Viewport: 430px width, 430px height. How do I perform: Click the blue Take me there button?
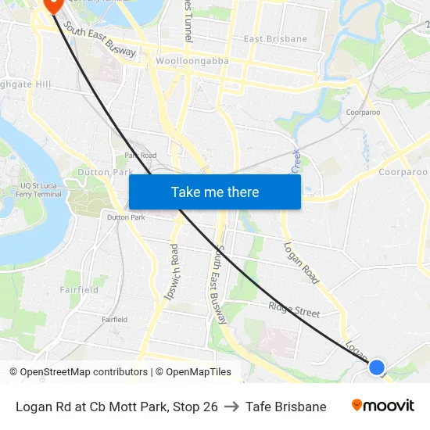(215, 192)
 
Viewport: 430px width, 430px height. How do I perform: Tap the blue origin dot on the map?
(377, 367)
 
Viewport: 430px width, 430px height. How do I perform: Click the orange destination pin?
(52, 4)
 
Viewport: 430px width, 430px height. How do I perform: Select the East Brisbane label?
(275, 39)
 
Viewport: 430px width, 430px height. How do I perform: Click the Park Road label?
(140, 156)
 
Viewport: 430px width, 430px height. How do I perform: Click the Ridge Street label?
(294, 310)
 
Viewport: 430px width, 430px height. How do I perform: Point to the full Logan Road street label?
(302, 263)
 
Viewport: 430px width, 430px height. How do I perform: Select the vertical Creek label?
(296, 162)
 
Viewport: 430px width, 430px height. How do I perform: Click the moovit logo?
(382, 406)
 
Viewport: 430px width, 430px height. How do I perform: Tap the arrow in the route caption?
(231, 407)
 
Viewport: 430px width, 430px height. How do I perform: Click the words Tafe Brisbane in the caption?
(285, 407)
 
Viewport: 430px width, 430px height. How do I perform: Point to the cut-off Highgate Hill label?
(25, 84)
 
